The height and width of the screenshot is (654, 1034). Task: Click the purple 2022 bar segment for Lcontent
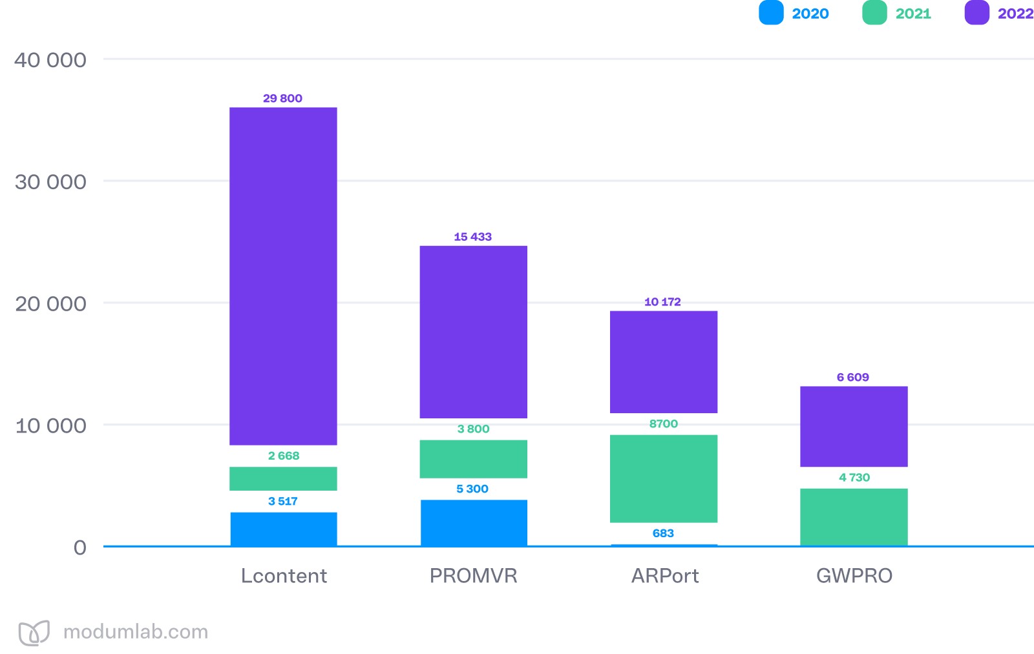pos(283,276)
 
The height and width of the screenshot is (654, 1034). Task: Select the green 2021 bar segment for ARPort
pos(664,478)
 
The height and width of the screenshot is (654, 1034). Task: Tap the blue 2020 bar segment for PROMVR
pos(474,522)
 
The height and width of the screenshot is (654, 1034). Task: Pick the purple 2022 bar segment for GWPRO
pos(854,426)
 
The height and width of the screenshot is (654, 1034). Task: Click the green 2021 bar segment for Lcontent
pos(283,478)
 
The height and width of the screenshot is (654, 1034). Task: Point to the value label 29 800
pos(282,98)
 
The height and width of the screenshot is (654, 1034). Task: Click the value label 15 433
pos(472,237)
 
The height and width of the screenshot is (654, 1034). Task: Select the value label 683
pos(663,533)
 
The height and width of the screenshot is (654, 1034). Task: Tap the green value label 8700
pos(664,424)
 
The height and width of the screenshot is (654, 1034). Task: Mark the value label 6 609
pos(853,377)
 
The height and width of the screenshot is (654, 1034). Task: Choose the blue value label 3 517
pos(283,501)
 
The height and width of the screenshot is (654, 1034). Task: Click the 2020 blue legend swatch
pos(771,13)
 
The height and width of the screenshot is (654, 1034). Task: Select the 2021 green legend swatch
pos(874,13)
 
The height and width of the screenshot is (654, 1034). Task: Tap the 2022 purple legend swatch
pos(976,13)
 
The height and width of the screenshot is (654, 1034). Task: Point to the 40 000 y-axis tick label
pos(50,60)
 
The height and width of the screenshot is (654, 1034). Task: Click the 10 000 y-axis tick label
pos(50,426)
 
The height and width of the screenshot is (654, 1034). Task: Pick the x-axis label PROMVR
pos(474,575)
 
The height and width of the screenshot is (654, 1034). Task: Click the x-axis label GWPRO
pos(854,575)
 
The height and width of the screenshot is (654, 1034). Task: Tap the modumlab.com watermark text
pos(136,631)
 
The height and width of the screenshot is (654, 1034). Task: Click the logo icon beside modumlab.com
pos(34,633)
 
